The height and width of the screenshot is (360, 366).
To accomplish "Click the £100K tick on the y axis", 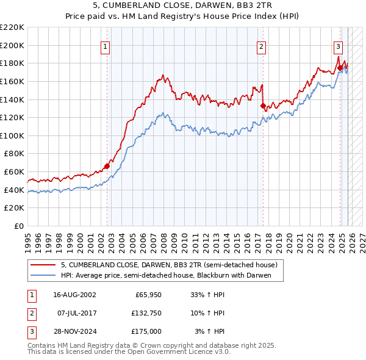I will click(x=12, y=135).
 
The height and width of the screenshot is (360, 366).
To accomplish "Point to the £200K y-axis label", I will click(x=12, y=45).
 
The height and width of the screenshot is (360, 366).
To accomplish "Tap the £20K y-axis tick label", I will click(x=14, y=208).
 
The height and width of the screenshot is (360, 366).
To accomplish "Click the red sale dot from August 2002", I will click(x=107, y=165).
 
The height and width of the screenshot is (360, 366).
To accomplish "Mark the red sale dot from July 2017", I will click(x=263, y=106).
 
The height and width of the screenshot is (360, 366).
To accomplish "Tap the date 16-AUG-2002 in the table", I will click(x=75, y=295).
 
